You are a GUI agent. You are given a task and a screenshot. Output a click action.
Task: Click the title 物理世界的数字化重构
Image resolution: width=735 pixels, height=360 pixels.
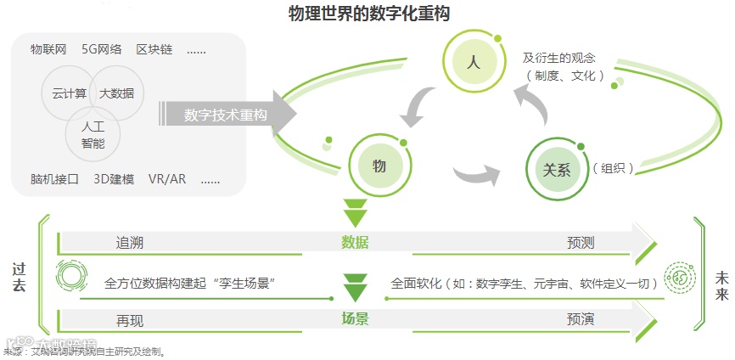pyautogui.click(x=368, y=14)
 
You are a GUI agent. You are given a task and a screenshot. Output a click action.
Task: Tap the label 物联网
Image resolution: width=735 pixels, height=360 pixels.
pyautogui.click(x=48, y=50)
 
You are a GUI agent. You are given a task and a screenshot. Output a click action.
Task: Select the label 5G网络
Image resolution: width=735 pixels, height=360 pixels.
pyautogui.click(x=101, y=50)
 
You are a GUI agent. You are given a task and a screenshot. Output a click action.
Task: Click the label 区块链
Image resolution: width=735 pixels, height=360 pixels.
pyautogui.click(x=154, y=50)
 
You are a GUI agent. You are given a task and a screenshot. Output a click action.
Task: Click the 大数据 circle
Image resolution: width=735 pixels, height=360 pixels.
pyautogui.click(x=117, y=93)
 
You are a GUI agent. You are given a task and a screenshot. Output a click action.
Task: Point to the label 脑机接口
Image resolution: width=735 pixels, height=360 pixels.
pyautogui.click(x=54, y=179)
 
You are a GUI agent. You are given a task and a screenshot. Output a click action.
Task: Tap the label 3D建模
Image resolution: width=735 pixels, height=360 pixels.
pyautogui.click(x=114, y=179)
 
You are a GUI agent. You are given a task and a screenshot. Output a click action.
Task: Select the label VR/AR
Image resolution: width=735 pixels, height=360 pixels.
pyautogui.click(x=168, y=179)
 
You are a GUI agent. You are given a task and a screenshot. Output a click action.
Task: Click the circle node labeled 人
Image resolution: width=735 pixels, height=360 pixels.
pyautogui.click(x=473, y=62)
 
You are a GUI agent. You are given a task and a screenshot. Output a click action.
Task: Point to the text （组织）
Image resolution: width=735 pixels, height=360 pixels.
pyautogui.click(x=614, y=168)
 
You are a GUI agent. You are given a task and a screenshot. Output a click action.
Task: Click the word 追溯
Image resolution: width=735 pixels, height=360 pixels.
pyautogui.click(x=130, y=243)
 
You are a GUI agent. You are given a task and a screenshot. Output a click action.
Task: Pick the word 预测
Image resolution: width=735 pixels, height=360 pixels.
pyautogui.click(x=581, y=243)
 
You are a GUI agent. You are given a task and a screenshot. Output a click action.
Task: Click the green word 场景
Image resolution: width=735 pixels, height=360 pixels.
pyautogui.click(x=355, y=319)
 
